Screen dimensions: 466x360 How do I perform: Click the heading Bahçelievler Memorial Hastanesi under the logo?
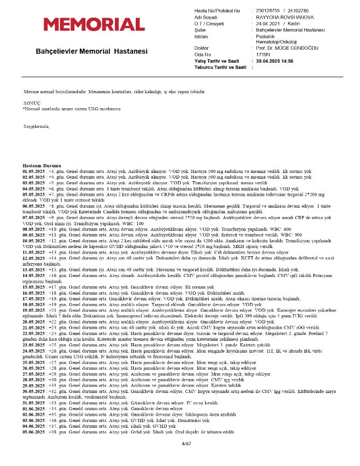pos(92,51)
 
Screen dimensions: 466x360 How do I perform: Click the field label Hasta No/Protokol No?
pos(217,11)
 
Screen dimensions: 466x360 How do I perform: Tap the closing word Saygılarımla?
pos(36,126)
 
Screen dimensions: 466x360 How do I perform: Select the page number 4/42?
pos(186,444)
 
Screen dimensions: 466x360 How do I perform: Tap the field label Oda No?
pos(203,54)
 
